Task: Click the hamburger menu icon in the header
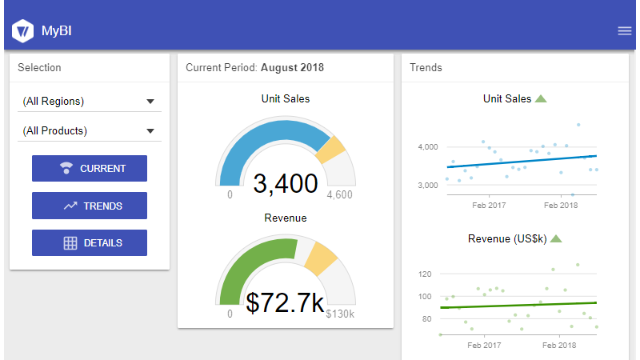625,31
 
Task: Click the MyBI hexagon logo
22,31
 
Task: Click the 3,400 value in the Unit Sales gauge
286,184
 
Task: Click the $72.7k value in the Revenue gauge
285,302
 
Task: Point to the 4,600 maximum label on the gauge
339,194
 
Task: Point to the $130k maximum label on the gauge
340,314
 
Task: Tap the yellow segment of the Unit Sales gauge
331,150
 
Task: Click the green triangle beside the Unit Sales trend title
541,99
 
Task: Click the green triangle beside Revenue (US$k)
557,238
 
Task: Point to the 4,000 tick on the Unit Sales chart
428,147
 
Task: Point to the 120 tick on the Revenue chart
425,274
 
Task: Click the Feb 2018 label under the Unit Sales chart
561,206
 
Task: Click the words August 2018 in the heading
292,68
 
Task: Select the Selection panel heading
39,68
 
